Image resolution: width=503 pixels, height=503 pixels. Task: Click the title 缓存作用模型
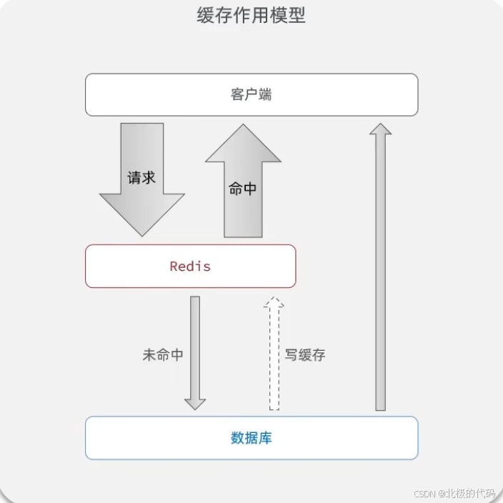(251, 16)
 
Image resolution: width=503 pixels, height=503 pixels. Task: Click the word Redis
(190, 267)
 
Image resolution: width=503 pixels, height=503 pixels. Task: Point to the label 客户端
(251, 94)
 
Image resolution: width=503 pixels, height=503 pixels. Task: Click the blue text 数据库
(251, 437)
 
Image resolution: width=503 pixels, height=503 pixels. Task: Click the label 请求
(141, 177)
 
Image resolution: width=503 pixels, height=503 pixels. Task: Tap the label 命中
(243, 189)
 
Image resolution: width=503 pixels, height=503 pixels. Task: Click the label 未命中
(163, 354)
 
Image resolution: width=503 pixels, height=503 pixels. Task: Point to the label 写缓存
(305, 354)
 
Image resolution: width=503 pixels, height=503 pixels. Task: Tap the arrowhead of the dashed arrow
(274, 303)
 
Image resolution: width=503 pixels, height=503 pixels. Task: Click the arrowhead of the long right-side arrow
(381, 129)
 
